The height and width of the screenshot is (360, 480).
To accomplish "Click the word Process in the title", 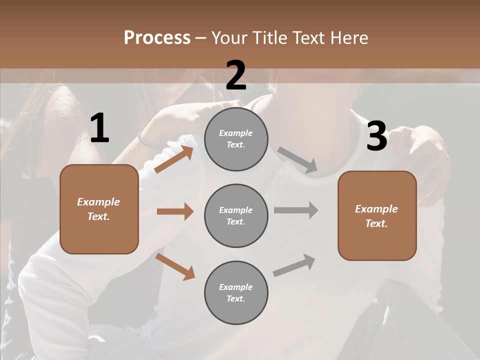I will (157, 38).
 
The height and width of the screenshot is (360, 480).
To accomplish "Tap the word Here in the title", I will (347, 38).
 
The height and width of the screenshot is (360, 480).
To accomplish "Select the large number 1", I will (99, 128).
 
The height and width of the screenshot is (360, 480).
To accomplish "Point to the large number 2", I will (236, 75).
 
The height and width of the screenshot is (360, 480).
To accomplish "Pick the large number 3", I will (376, 136).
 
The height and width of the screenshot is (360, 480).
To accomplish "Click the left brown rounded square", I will (99, 209).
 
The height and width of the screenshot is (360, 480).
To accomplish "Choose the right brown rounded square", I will (377, 215).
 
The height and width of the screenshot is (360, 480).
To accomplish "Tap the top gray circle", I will (236, 139).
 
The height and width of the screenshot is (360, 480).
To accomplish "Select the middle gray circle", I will (236, 215).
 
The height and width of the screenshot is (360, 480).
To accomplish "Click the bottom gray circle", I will (236, 292).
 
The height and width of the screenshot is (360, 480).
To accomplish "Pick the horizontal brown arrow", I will (175, 211).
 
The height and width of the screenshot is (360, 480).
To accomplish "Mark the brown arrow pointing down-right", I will (175, 266).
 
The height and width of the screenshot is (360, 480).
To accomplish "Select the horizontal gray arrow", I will (296, 210).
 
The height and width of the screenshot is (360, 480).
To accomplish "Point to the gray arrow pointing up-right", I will (294, 265).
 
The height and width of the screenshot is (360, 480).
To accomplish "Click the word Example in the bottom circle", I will (235, 287).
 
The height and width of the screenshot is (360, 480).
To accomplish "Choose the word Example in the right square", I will (376, 209).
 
